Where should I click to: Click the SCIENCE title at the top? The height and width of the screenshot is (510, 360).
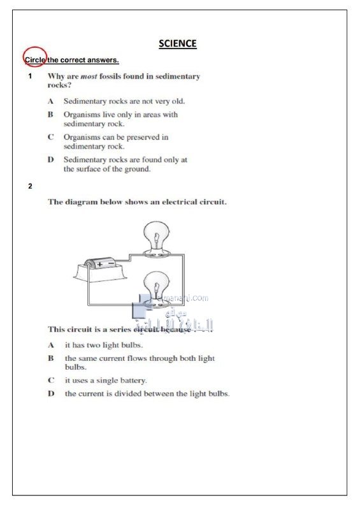[178, 44]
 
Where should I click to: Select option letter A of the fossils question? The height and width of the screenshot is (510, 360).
[50, 101]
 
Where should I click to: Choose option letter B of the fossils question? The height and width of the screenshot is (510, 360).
[50, 115]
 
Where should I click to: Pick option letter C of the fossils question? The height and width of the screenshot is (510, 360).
[50, 137]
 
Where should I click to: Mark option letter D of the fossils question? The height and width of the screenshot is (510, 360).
[50, 159]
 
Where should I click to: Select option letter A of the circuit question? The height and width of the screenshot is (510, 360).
[51, 345]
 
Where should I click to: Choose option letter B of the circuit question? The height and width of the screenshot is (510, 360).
[51, 358]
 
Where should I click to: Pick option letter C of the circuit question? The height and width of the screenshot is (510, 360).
[51, 381]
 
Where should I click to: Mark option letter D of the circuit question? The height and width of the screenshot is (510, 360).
[51, 394]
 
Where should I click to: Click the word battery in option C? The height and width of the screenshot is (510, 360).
[133, 381]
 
